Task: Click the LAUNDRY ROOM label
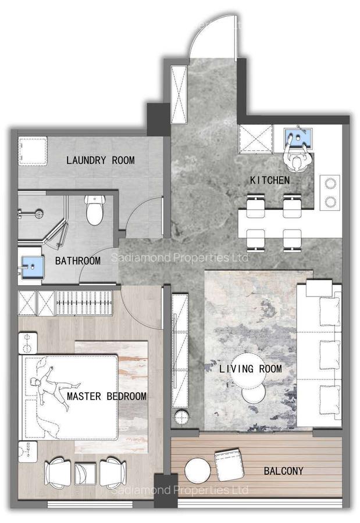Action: tap(100, 160)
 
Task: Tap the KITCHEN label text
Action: tap(269, 181)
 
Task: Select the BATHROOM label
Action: tap(78, 261)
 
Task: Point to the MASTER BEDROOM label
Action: tap(106, 396)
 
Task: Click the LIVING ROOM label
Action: tap(250, 369)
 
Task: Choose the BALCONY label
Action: tap(283, 471)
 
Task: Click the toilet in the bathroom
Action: tap(94, 210)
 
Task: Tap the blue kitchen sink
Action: tap(298, 138)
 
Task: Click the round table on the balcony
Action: tap(197, 470)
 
